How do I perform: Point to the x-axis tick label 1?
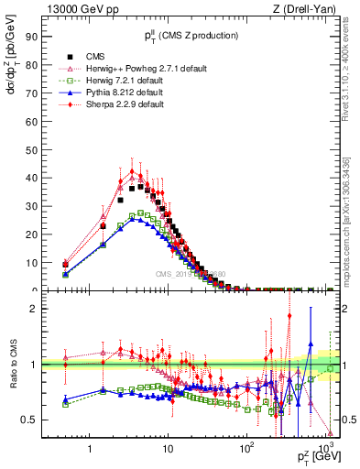[x=90, y=448]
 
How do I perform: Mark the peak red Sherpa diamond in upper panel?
[x=132, y=171]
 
